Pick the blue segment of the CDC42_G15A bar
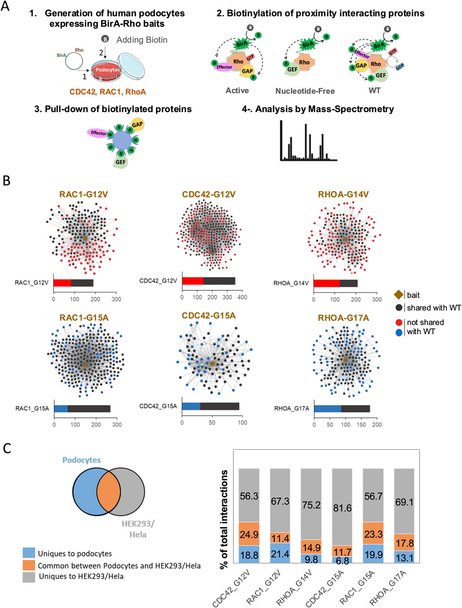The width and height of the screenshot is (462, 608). (x=191, y=392)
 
